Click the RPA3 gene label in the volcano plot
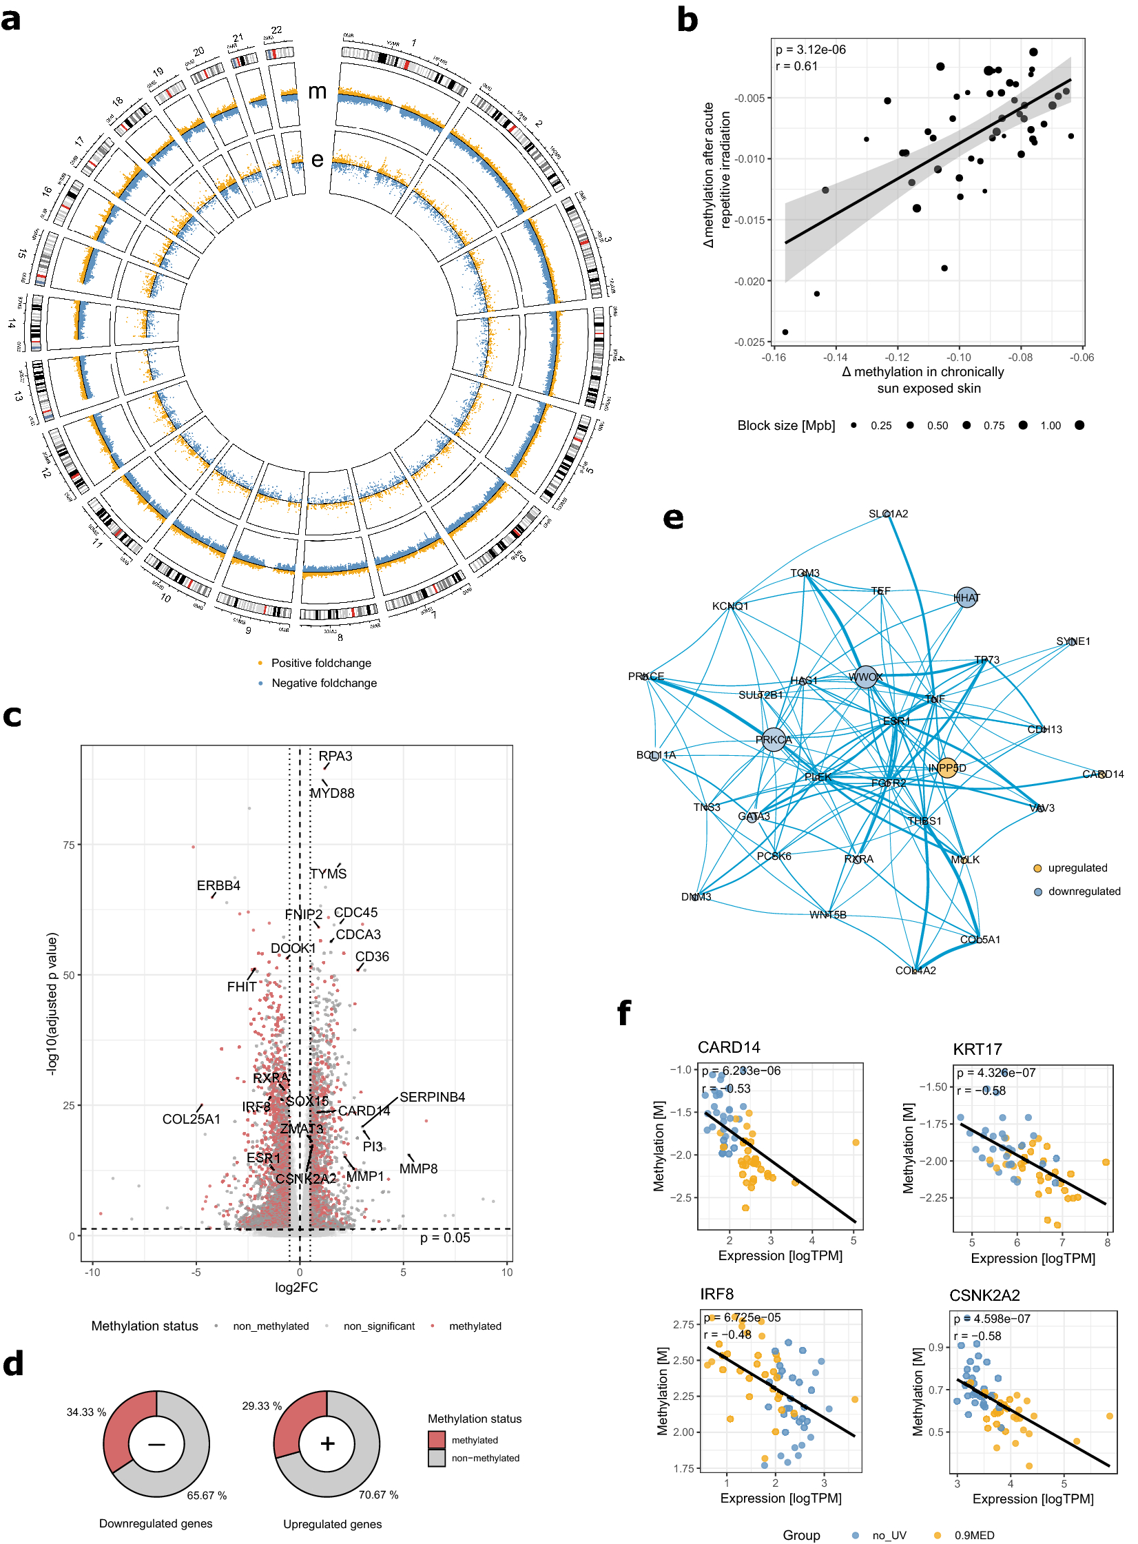point(335,756)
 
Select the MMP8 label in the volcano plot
point(418,1169)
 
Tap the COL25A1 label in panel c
point(191,1119)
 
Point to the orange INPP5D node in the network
point(947,768)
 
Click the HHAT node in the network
point(966,598)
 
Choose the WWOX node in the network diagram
point(865,677)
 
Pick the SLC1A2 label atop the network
point(888,514)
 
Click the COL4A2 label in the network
point(915,971)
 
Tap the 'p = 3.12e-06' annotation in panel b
point(810,50)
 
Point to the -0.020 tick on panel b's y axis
point(749,281)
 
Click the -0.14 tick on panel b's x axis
point(835,358)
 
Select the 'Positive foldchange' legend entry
point(321,663)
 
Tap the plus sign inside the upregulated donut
point(327,1443)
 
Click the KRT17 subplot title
point(977,1049)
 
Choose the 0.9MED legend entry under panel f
point(973,1535)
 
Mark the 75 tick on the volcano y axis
point(69,845)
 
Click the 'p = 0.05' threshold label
point(445,1237)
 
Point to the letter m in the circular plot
point(317,91)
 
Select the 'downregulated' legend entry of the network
point(1084,892)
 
